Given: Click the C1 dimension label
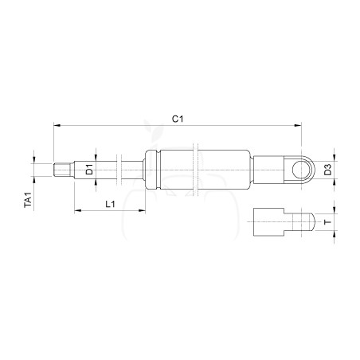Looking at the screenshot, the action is click(x=178, y=119).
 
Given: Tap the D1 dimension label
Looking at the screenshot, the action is click(x=90, y=170).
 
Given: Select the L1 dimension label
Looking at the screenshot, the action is click(x=110, y=204).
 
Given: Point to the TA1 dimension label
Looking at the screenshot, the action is click(x=28, y=200).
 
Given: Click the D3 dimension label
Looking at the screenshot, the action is click(x=328, y=170).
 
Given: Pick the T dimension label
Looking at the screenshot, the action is click(x=328, y=221).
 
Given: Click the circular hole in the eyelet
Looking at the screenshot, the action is click(x=300, y=170).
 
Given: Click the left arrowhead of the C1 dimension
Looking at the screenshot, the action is click(x=57, y=125).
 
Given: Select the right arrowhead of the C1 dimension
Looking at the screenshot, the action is click(x=298, y=125).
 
